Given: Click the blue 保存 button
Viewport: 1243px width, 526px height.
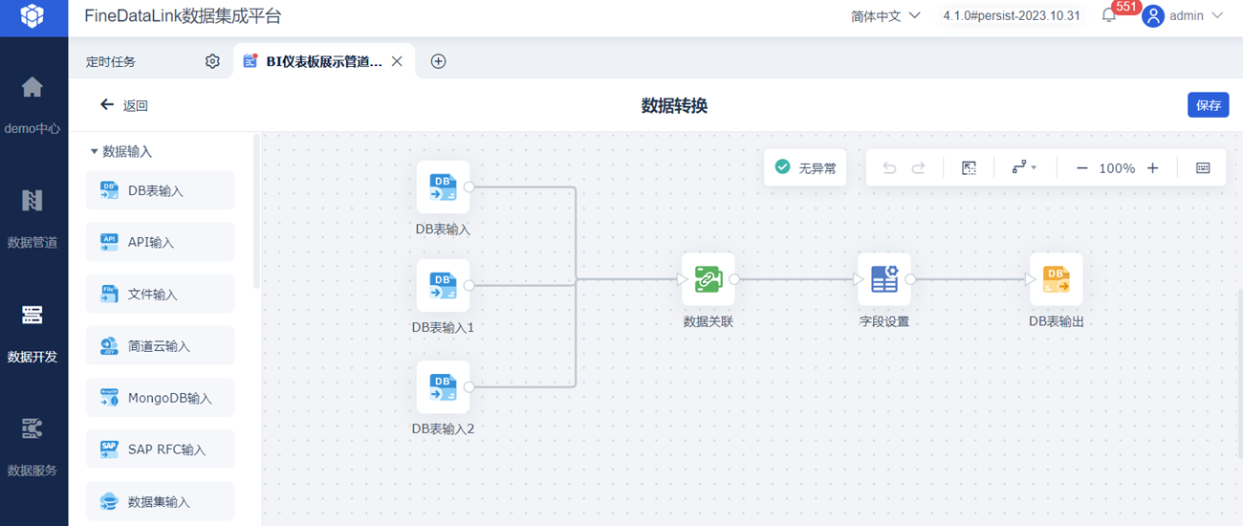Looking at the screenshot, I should tap(1208, 105).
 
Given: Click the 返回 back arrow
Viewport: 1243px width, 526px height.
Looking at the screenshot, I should tap(107, 105).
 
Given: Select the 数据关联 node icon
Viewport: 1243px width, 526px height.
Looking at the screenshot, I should tap(708, 279).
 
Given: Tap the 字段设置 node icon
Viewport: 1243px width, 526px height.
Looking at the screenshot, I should tap(883, 279).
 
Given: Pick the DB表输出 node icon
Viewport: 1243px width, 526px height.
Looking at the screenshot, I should tap(1056, 279).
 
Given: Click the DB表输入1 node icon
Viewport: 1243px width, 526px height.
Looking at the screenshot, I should tap(443, 285).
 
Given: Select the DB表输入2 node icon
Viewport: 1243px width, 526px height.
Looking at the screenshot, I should tap(443, 386).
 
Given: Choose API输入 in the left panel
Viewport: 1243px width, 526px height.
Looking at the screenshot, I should tap(160, 242).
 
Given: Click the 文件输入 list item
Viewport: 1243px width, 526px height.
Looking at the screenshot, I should tap(160, 294).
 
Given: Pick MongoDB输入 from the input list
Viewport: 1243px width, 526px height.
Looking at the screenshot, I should tap(160, 397).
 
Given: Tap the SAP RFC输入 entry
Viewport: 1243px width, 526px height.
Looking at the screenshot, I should tap(160, 449).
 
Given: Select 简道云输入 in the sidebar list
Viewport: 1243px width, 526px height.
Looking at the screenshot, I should tap(160, 345).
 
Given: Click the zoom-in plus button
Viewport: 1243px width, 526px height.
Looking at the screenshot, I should tap(1153, 168).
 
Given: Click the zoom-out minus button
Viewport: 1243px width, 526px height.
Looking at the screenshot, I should tap(1081, 168).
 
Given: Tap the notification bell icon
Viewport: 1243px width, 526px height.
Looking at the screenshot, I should tap(1109, 15).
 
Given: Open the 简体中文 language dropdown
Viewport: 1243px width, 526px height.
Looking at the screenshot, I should tap(885, 16).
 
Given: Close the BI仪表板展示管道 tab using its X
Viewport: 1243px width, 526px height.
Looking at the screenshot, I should tap(397, 61).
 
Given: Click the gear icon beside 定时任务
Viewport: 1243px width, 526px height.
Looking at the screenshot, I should tap(212, 61).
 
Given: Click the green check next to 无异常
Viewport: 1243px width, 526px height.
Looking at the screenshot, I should tap(782, 167).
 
